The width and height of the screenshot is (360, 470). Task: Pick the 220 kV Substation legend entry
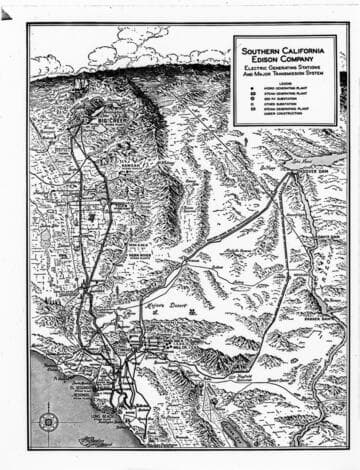[287, 100]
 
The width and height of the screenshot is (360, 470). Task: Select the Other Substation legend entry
[285, 105]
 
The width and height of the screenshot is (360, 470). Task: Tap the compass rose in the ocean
[49, 421]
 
